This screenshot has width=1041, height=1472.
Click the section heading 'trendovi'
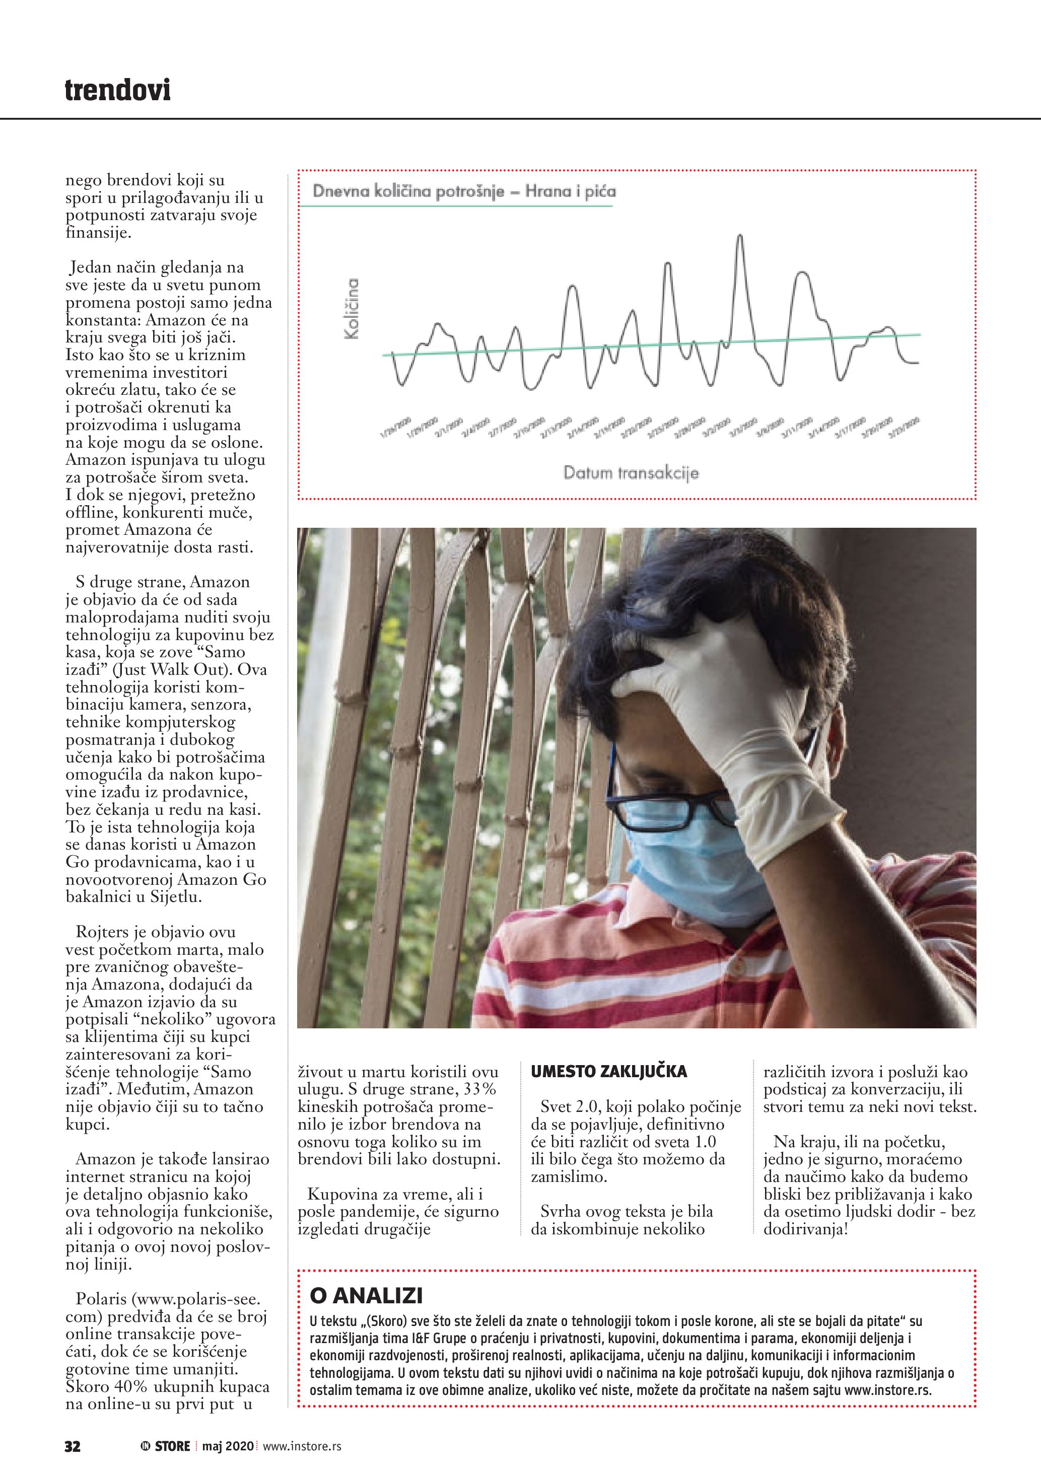tap(118, 91)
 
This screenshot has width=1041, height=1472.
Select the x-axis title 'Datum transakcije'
tap(631, 473)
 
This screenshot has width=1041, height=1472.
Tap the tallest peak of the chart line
tap(740, 237)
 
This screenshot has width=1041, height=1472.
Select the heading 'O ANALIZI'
tap(366, 1296)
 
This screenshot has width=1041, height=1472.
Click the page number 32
tap(73, 1446)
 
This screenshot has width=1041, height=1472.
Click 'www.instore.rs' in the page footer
tap(302, 1446)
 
